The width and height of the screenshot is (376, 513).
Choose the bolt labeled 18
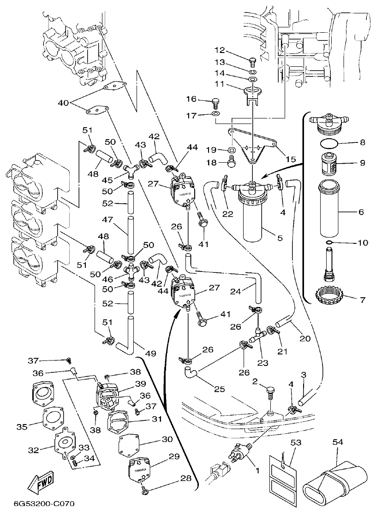[x=232, y=161]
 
